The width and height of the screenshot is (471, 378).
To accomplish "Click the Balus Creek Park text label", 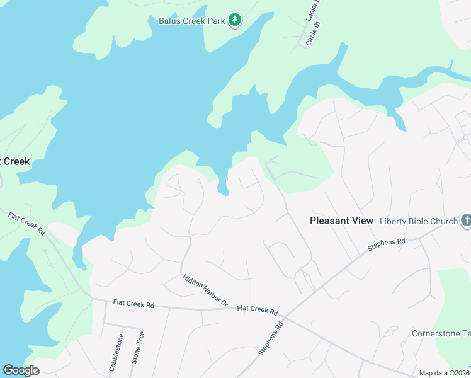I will point(191,21).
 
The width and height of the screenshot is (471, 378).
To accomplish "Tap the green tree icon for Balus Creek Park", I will point(235,20).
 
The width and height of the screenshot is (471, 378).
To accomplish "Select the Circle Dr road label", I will point(313,33).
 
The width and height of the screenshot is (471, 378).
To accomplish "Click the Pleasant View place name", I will point(342,220).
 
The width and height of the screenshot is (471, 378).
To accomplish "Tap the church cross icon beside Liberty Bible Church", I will point(466,220).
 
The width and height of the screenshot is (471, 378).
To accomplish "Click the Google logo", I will point(21,370).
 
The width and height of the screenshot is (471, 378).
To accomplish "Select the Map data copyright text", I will point(444,373).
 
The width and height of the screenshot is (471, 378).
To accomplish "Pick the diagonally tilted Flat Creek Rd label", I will point(28,224).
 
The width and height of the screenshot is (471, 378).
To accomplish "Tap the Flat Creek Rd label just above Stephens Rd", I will point(257,310).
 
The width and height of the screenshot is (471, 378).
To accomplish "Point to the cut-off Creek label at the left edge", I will point(15,161).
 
